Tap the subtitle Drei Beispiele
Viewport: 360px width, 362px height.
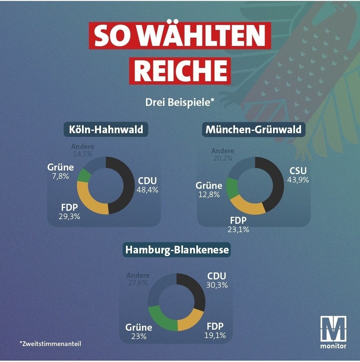[179, 102]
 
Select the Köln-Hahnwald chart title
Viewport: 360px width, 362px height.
[106, 129]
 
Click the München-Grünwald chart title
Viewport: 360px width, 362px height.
[253, 129]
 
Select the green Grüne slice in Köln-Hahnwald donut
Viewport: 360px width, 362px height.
[84, 176]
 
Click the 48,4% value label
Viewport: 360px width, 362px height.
[147, 190]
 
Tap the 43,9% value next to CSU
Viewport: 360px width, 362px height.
[298, 180]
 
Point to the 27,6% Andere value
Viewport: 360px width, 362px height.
[137, 283]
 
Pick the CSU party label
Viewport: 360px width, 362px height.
[298, 171]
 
